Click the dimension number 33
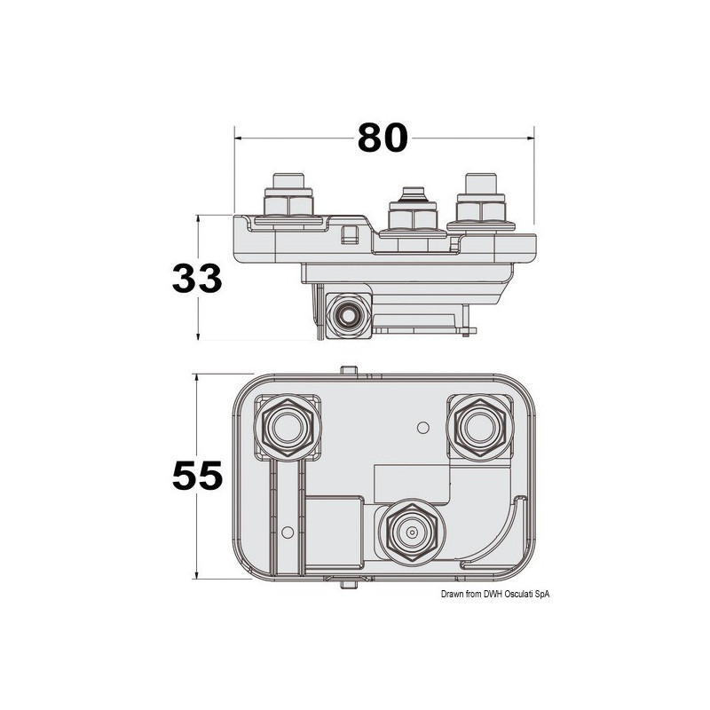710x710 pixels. coord(197,279)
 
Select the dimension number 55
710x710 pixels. coord(197,476)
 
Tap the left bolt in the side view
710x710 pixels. coord(289,200)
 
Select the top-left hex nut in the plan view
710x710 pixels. coord(287,429)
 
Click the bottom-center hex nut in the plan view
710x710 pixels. coord(410,532)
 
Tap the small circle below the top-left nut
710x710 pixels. coord(286,532)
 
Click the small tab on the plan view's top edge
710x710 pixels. coord(348,368)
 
